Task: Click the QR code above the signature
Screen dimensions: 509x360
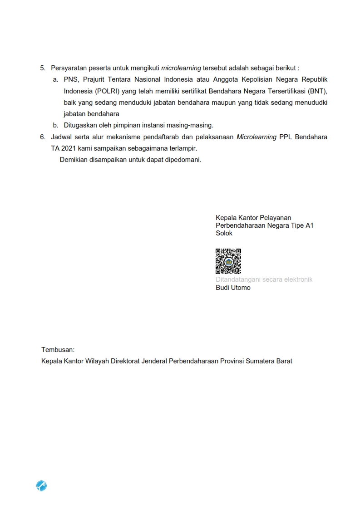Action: [x=228, y=261]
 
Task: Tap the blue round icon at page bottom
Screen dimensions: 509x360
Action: [x=41, y=486]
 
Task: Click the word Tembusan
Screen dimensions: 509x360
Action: [x=58, y=350]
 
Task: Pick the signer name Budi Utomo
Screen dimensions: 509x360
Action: [x=233, y=288]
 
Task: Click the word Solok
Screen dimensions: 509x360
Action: [x=224, y=233]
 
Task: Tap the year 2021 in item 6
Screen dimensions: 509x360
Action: [x=68, y=148]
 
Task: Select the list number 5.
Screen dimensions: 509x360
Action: [x=43, y=68]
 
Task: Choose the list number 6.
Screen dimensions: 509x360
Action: [x=43, y=137]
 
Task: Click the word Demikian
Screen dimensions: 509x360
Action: [x=74, y=160]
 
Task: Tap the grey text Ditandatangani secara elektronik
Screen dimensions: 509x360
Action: [x=264, y=279]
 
